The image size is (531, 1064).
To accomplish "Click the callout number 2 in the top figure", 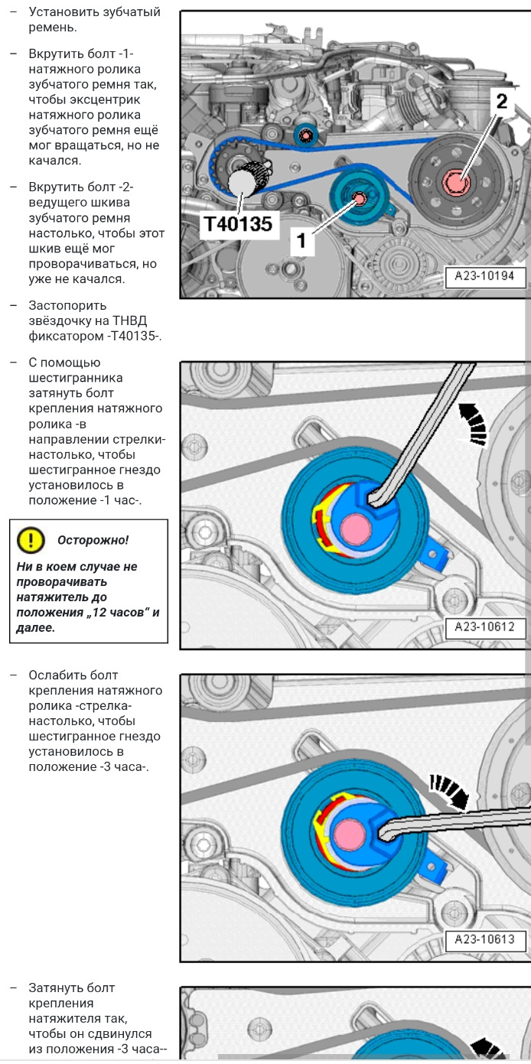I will click(500, 101).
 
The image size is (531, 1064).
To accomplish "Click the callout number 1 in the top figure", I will click(301, 240).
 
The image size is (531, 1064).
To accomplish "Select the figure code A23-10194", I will click(485, 277).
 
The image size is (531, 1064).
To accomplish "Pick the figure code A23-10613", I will click(485, 939).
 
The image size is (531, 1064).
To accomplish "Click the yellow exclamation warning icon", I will click(30, 540).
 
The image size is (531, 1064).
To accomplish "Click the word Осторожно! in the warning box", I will click(93, 540).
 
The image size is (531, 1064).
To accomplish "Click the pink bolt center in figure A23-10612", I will click(353, 528).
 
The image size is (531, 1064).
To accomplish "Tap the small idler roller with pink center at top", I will click(306, 136).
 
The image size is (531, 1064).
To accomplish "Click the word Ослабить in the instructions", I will click(63, 675).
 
